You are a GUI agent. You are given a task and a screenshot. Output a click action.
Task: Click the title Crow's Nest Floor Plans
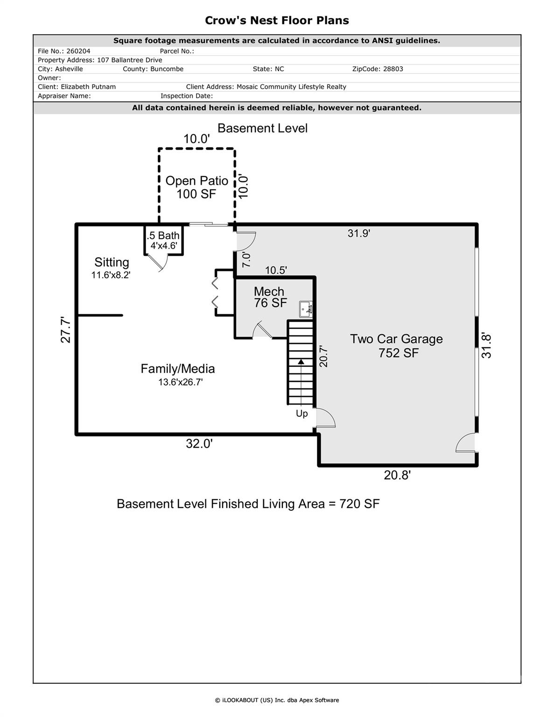277,21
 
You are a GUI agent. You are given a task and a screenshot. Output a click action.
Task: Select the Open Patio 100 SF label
196,187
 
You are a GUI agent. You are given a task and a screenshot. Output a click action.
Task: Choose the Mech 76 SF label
270,297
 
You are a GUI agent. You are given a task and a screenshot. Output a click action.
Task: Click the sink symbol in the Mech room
306,309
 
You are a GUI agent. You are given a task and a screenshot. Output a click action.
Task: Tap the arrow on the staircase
301,362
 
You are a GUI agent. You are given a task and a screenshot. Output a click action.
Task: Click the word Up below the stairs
302,414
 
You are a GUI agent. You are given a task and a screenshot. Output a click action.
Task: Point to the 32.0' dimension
199,444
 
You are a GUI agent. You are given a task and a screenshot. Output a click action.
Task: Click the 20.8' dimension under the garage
397,475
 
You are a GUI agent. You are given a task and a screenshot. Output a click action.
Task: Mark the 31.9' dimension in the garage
358,233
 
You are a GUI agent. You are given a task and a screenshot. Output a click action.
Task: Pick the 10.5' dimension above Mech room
276,270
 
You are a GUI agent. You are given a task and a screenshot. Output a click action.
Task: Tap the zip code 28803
393,69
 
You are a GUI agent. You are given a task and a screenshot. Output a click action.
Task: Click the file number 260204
78,51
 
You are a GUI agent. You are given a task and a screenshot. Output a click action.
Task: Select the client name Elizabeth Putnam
88,87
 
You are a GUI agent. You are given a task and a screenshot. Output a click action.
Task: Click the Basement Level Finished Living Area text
248,504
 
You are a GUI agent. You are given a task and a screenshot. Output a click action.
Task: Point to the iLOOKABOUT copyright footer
277,700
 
